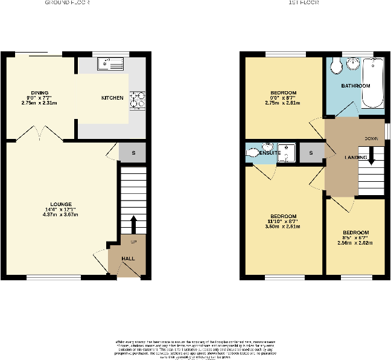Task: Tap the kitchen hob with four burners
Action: pyautogui.click(x=137, y=99)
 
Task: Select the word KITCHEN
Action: pyautogui.click(x=112, y=98)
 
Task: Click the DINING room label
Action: pyautogui.click(x=40, y=93)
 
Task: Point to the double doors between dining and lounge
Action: pyautogui.click(x=39, y=134)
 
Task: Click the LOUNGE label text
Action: pyautogui.click(x=62, y=204)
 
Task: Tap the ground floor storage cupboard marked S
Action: pyautogui.click(x=132, y=153)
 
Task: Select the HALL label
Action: pyautogui.click(x=128, y=259)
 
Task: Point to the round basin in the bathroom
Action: pyautogui.click(x=354, y=64)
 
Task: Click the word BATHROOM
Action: pyautogui.click(x=355, y=86)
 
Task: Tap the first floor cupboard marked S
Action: pyautogui.click(x=311, y=153)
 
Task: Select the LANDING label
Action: pyautogui.click(x=356, y=158)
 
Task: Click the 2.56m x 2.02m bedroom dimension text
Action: pyautogui.click(x=355, y=243)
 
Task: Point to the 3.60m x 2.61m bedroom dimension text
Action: pyautogui.click(x=283, y=227)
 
